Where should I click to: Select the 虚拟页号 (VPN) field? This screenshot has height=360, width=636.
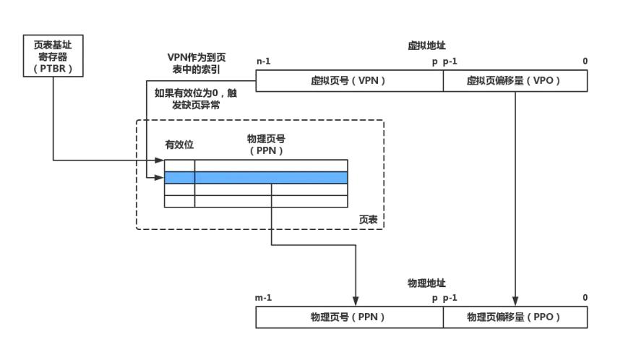(349, 82)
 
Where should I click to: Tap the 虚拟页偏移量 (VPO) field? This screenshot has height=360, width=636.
(515, 82)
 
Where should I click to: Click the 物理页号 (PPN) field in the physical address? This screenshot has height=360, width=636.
(349, 317)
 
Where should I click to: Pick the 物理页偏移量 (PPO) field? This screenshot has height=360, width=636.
(515, 317)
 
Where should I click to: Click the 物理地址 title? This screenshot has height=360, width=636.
(421, 283)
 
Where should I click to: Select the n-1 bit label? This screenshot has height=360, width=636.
(264, 61)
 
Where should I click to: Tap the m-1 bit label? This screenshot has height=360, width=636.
(264, 298)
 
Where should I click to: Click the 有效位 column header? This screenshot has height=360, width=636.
(179, 145)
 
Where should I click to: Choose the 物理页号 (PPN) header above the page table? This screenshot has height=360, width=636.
(265, 145)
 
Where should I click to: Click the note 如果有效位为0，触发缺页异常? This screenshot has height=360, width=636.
(195, 99)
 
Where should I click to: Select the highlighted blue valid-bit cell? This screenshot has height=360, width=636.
(179, 178)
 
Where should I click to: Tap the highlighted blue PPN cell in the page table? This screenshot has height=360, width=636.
(271, 178)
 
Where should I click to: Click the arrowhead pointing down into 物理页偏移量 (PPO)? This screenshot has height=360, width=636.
(515, 301)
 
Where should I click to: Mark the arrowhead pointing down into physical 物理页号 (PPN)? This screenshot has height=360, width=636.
(356, 301)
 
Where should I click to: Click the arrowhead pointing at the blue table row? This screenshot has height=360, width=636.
(160, 178)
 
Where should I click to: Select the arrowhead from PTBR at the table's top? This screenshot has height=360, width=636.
(160, 160)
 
